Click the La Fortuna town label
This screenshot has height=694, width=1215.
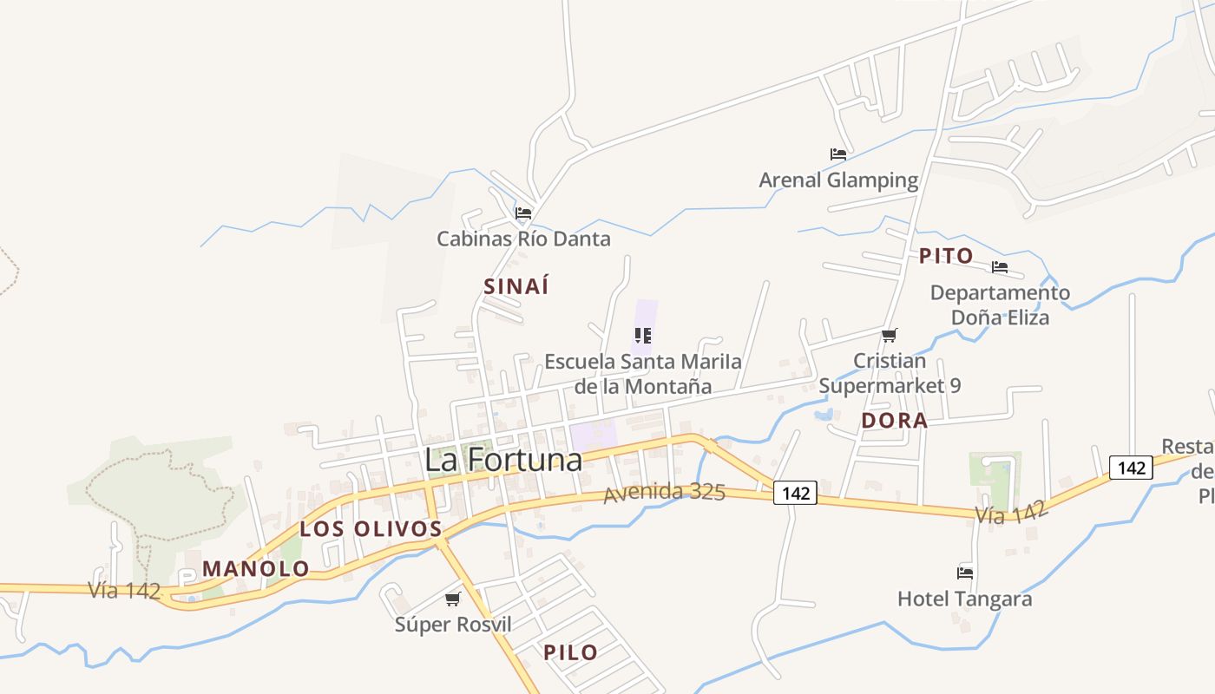503,460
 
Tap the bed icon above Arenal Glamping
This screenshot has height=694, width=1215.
837,154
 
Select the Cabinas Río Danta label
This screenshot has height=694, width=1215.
523,239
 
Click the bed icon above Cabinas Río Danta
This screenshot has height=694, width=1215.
522,213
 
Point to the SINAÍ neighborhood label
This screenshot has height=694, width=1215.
516,286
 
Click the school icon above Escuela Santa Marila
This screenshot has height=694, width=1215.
643,335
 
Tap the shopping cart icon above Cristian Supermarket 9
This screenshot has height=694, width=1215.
889,335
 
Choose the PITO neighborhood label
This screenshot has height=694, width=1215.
946,256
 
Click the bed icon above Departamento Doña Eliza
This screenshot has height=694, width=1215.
1000,267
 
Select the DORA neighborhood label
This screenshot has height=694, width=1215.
894,421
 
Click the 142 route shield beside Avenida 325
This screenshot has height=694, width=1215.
795,494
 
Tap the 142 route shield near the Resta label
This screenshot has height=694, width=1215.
1132,468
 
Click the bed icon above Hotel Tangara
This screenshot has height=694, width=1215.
964,573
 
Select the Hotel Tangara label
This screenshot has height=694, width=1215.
964,599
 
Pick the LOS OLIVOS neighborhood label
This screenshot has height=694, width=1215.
371,528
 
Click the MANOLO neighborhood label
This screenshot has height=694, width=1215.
255,569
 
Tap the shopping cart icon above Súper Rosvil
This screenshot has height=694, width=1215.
452,599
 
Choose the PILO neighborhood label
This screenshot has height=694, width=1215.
570,652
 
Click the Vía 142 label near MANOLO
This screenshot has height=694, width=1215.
124,591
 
